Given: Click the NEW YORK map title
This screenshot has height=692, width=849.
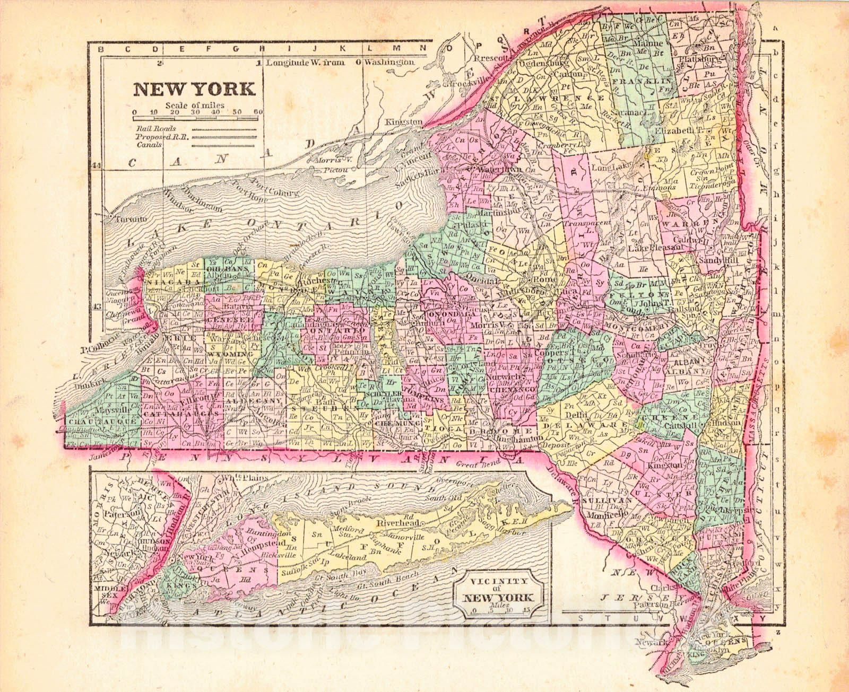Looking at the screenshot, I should (194, 88).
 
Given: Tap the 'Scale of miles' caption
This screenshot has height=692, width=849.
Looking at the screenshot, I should (194, 105).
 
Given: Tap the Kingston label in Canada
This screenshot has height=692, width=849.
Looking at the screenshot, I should (404, 121).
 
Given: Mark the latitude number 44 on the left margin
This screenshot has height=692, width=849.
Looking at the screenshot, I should (96, 165).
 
